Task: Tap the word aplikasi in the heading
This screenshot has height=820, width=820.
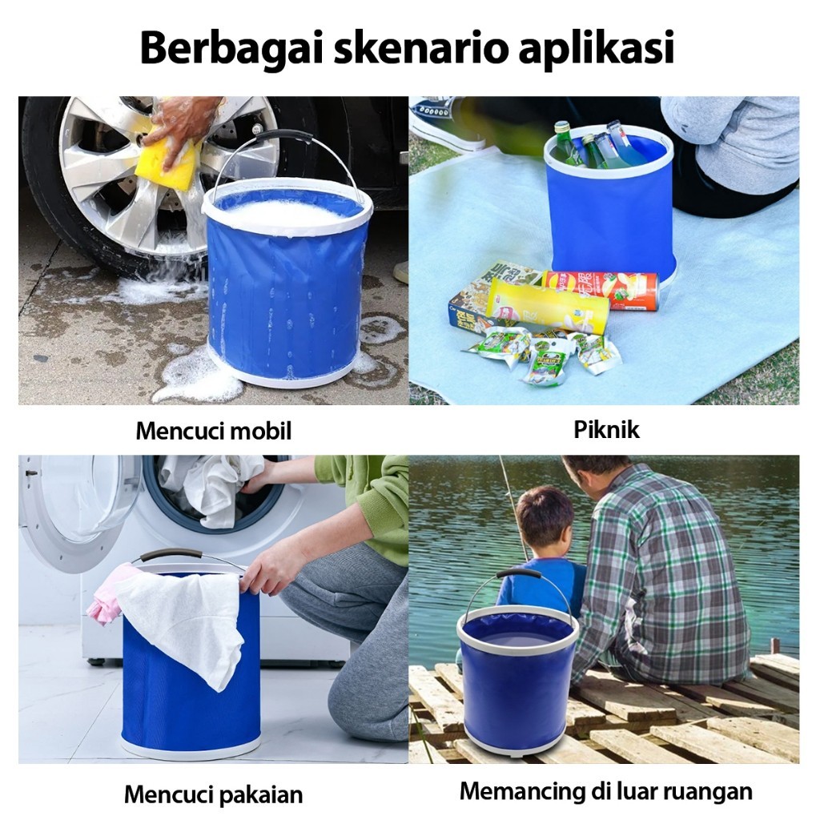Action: (x=596, y=49)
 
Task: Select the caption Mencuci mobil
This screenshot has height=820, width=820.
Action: (x=213, y=432)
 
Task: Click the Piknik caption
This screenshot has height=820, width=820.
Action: (x=607, y=430)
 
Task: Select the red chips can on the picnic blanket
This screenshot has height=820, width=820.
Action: (x=601, y=290)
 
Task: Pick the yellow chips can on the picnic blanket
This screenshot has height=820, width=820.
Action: (x=548, y=306)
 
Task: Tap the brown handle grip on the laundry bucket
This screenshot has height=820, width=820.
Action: (x=171, y=554)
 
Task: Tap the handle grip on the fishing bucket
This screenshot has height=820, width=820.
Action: (x=518, y=573)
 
